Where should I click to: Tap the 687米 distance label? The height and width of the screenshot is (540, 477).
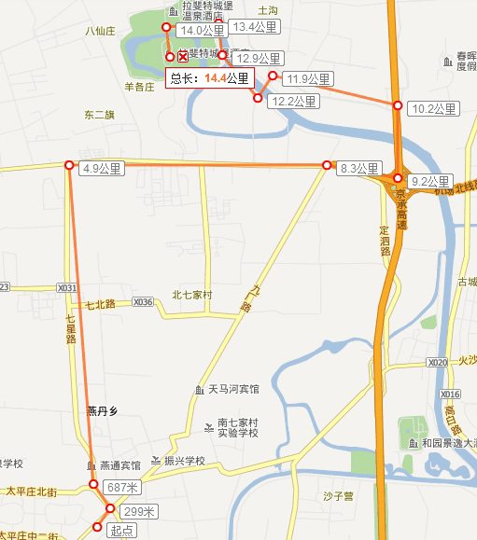pyautogui.click(x=121, y=487)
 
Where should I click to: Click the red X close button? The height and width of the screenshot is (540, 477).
pyautogui.click(x=183, y=58)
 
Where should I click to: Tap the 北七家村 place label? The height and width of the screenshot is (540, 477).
pyautogui.click(x=192, y=296)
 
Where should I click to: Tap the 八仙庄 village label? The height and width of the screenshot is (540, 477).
pyautogui.click(x=99, y=31)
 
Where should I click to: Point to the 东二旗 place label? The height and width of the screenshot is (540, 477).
pyautogui.click(x=99, y=116)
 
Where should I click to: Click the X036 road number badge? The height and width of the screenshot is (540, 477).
pyautogui.click(x=143, y=302)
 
